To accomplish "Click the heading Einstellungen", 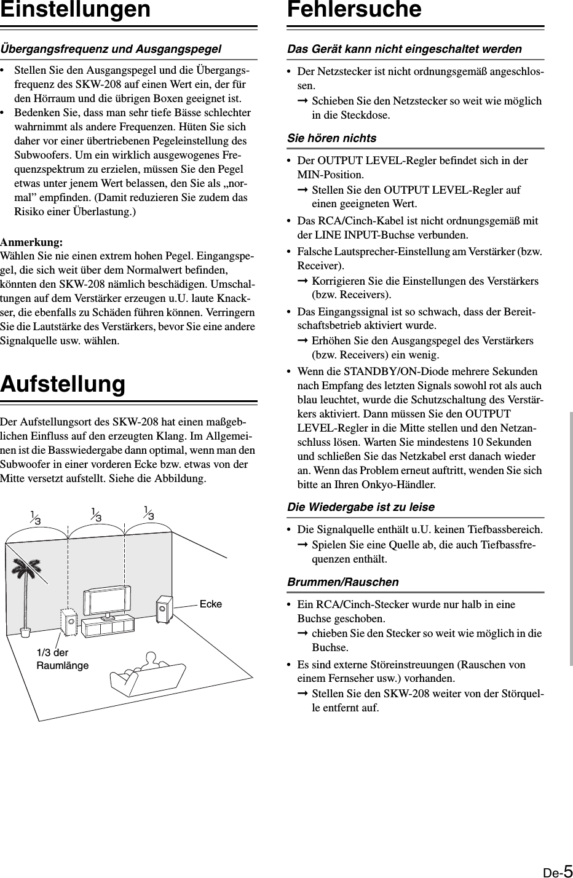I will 75,10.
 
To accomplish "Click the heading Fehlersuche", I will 354,10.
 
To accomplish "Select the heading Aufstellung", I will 63,384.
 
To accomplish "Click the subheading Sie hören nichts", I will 332,138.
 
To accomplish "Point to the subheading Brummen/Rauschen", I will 343,582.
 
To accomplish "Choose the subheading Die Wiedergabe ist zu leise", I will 361,507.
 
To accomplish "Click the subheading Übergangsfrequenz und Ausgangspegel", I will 111,49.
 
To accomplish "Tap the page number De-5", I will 558,869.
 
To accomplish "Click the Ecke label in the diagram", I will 211,604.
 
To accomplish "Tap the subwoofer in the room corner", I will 164,609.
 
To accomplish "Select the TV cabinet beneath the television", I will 109,626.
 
